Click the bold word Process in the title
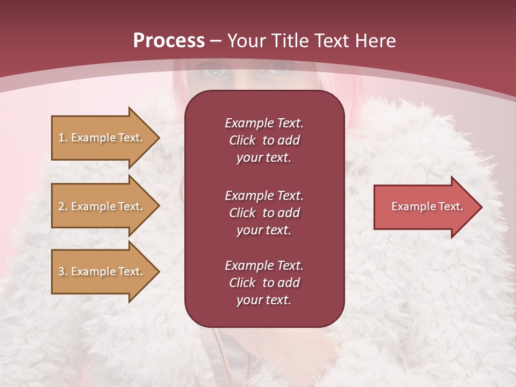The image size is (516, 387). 169,41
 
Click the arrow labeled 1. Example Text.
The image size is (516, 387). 101,138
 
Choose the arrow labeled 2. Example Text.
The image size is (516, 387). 101,206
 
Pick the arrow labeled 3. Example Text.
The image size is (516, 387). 101,271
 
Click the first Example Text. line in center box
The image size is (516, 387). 264,123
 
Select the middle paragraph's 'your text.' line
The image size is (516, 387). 264,230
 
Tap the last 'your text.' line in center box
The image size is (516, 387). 264,300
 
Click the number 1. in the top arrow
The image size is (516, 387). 63,138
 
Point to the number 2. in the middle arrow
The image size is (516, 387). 63,206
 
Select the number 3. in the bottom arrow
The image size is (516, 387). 63,271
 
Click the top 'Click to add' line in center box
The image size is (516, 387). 264,140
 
